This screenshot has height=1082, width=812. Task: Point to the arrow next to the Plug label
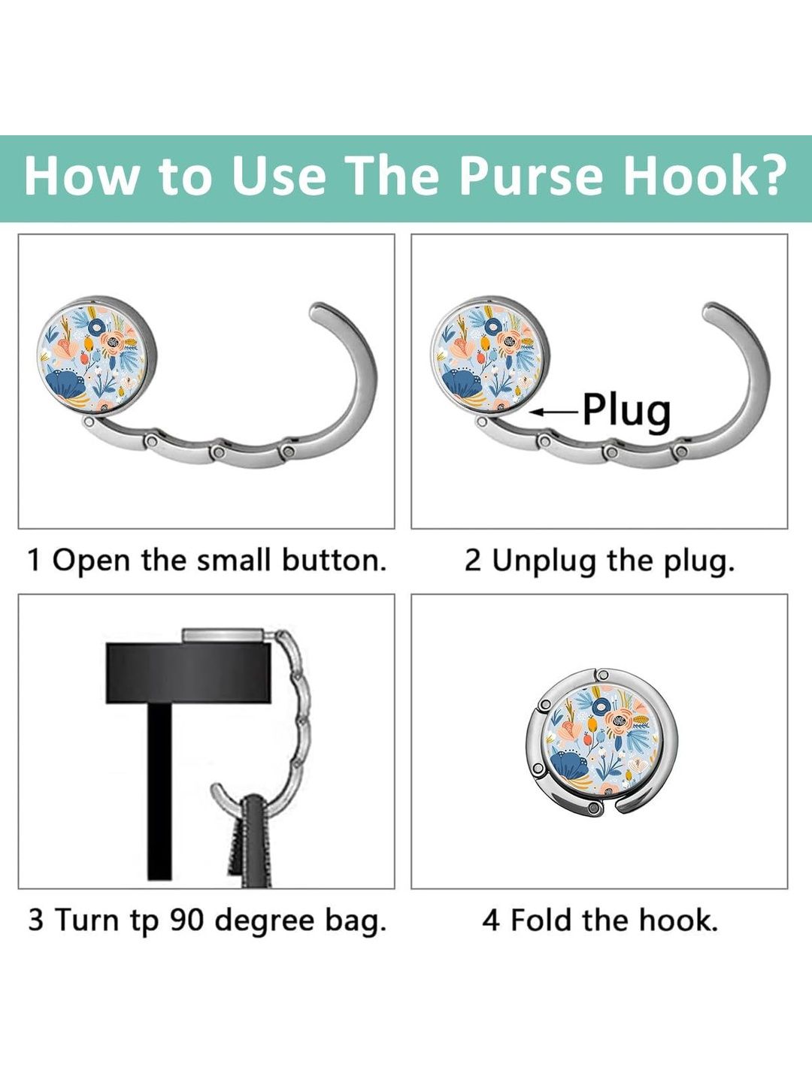555,411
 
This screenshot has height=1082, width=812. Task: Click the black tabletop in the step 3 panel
188,672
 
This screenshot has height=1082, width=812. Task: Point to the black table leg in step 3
159,792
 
